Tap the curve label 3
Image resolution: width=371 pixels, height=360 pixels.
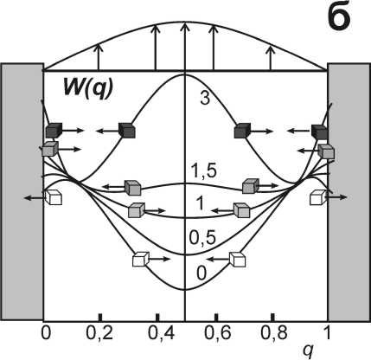[204, 99]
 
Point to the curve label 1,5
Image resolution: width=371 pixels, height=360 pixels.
[204, 171]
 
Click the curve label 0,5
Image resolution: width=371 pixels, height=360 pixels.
[202, 238]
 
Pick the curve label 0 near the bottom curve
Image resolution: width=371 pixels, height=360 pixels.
[201, 273]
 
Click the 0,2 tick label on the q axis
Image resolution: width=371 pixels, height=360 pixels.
[99, 333]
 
